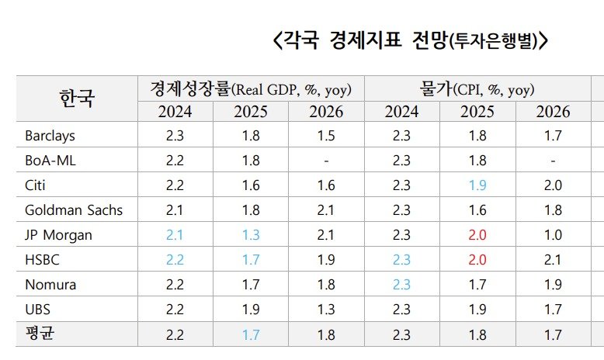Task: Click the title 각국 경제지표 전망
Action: coord(411,40)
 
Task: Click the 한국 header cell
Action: coord(76,99)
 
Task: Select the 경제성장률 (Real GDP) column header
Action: coord(250,88)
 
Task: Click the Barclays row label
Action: coord(50,136)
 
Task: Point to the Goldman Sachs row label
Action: coord(73,209)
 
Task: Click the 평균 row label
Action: coord(42,334)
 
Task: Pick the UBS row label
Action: coord(38,310)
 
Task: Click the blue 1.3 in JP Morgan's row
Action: coord(250,234)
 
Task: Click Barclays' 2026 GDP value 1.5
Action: coord(326,136)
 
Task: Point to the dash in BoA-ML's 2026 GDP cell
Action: coord(326,161)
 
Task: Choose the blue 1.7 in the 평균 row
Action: coord(250,334)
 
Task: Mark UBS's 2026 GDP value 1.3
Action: coord(326,310)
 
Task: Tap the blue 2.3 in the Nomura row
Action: coord(401,285)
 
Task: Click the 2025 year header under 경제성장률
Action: coord(250,112)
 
